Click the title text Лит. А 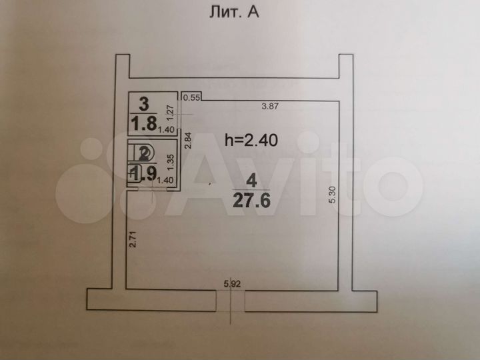[x=239, y=13]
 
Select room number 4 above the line [x=251, y=180]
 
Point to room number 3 [x=144, y=103]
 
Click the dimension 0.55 [x=192, y=98]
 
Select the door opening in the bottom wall [x=231, y=301]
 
